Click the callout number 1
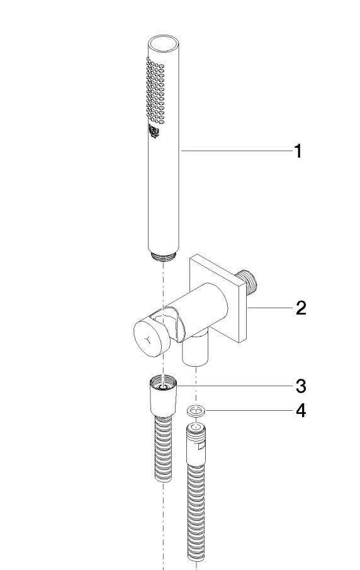tap(298, 151)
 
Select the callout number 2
tap(301, 308)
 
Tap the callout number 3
tap(301, 386)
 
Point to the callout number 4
tap(301, 411)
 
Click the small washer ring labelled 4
tap(196, 411)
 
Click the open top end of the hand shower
tap(164, 43)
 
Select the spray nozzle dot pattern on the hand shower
tap(155, 90)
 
